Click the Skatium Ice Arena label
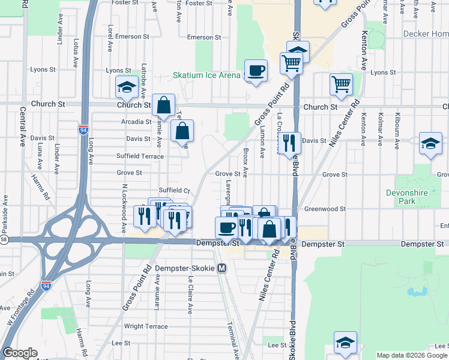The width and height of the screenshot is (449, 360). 206,75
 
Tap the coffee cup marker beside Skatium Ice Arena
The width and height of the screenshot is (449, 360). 256,71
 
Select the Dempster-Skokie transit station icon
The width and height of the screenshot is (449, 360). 222,268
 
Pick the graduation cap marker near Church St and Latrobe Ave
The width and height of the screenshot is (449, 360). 127,87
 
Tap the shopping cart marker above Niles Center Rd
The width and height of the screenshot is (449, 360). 341,85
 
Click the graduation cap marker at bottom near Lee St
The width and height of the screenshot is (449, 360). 345,343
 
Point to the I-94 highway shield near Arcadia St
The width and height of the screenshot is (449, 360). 83,128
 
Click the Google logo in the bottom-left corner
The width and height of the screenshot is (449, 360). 20,353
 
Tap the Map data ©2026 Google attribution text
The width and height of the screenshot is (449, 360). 412,355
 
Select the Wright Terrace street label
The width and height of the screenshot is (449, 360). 146,326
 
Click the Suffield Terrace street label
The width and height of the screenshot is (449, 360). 140,156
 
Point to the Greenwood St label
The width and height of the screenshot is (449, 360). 325,209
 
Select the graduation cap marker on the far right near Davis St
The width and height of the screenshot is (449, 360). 430,143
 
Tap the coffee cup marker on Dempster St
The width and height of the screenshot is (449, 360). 227,227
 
